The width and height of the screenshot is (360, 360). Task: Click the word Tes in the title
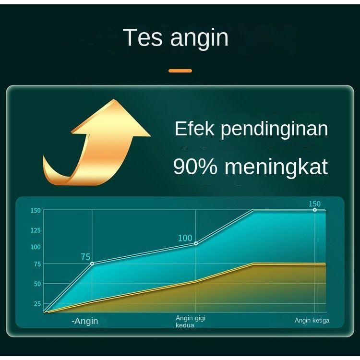[x=143, y=37]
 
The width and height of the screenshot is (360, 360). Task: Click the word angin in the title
[x=199, y=38]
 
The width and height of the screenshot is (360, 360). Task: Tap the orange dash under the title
[x=180, y=71]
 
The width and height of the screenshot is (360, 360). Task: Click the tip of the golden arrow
[x=114, y=99]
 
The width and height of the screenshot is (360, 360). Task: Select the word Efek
[x=194, y=129]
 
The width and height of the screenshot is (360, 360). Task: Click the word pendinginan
[x=275, y=130]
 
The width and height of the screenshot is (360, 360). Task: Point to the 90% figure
[x=195, y=167]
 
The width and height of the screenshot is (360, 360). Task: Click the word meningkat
[x=276, y=168]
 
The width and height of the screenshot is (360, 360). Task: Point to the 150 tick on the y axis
[x=36, y=210]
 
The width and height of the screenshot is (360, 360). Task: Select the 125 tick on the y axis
[x=36, y=230]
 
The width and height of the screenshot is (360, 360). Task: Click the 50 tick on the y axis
[x=37, y=284]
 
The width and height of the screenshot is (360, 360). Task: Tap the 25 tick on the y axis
[x=37, y=304]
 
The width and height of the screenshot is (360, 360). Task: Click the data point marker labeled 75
[x=92, y=264]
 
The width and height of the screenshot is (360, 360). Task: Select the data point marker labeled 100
[x=196, y=243]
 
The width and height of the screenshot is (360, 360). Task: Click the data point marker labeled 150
[x=315, y=210]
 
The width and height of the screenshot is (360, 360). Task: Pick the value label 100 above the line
[x=185, y=238]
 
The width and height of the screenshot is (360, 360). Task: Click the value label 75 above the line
[x=85, y=257]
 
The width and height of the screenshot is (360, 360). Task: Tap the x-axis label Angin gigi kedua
[x=191, y=322]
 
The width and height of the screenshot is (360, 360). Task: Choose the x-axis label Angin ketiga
[x=312, y=321]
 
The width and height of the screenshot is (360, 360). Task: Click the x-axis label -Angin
[x=84, y=321]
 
